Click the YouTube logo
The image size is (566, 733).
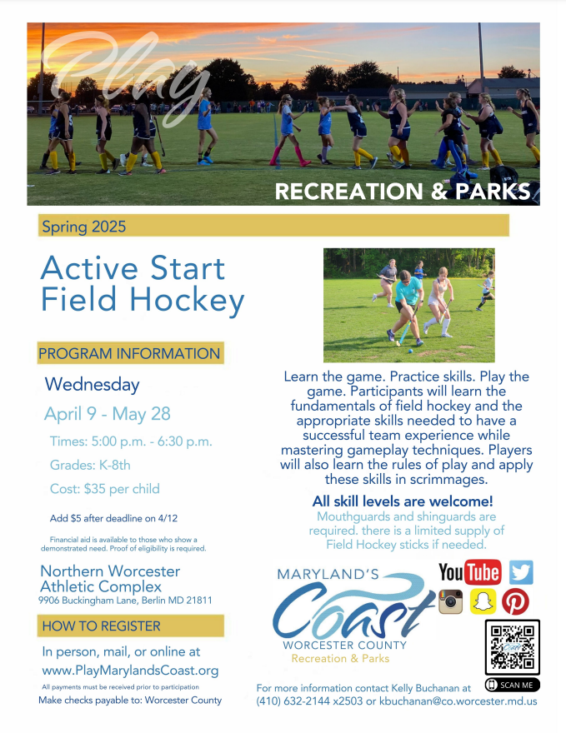tap(469, 572)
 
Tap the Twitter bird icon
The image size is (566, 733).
tap(521, 572)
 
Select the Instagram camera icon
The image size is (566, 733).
tap(450, 601)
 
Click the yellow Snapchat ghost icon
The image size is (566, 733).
tap(483, 601)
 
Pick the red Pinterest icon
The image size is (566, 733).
tap(515, 601)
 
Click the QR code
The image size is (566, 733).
tap(512, 647)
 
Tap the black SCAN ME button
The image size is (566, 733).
tap(512, 685)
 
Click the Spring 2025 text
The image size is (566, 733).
tap(83, 227)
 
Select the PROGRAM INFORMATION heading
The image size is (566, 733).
tap(129, 353)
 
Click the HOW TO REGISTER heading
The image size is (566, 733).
tap(102, 626)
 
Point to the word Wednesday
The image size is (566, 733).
tap(93, 385)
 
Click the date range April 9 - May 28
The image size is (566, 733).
tap(108, 414)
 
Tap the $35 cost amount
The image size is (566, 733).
tap(94, 489)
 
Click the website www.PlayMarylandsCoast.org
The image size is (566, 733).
tap(130, 671)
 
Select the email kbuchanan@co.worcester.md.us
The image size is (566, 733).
tap(458, 701)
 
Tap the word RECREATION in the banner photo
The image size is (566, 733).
tap(349, 192)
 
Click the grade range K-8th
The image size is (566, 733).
tap(114, 465)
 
